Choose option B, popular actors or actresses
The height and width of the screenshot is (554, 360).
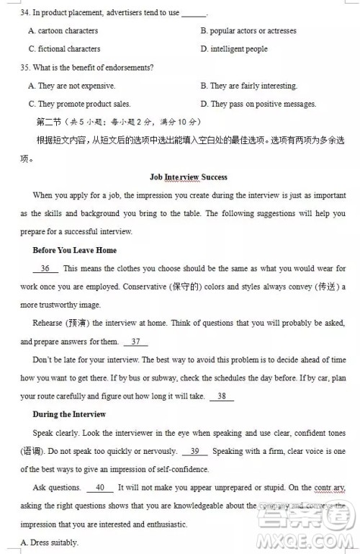tap(248, 31)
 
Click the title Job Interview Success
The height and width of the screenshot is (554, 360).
tap(188, 177)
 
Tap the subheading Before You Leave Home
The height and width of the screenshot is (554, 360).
tap(74, 250)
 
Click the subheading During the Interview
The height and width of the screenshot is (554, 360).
tap(69, 414)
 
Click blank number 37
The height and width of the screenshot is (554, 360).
tap(135, 341)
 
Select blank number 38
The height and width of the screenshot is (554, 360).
tap(221, 396)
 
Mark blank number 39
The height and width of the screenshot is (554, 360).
tap(194, 451)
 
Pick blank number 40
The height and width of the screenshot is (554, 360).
tap(100, 488)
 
